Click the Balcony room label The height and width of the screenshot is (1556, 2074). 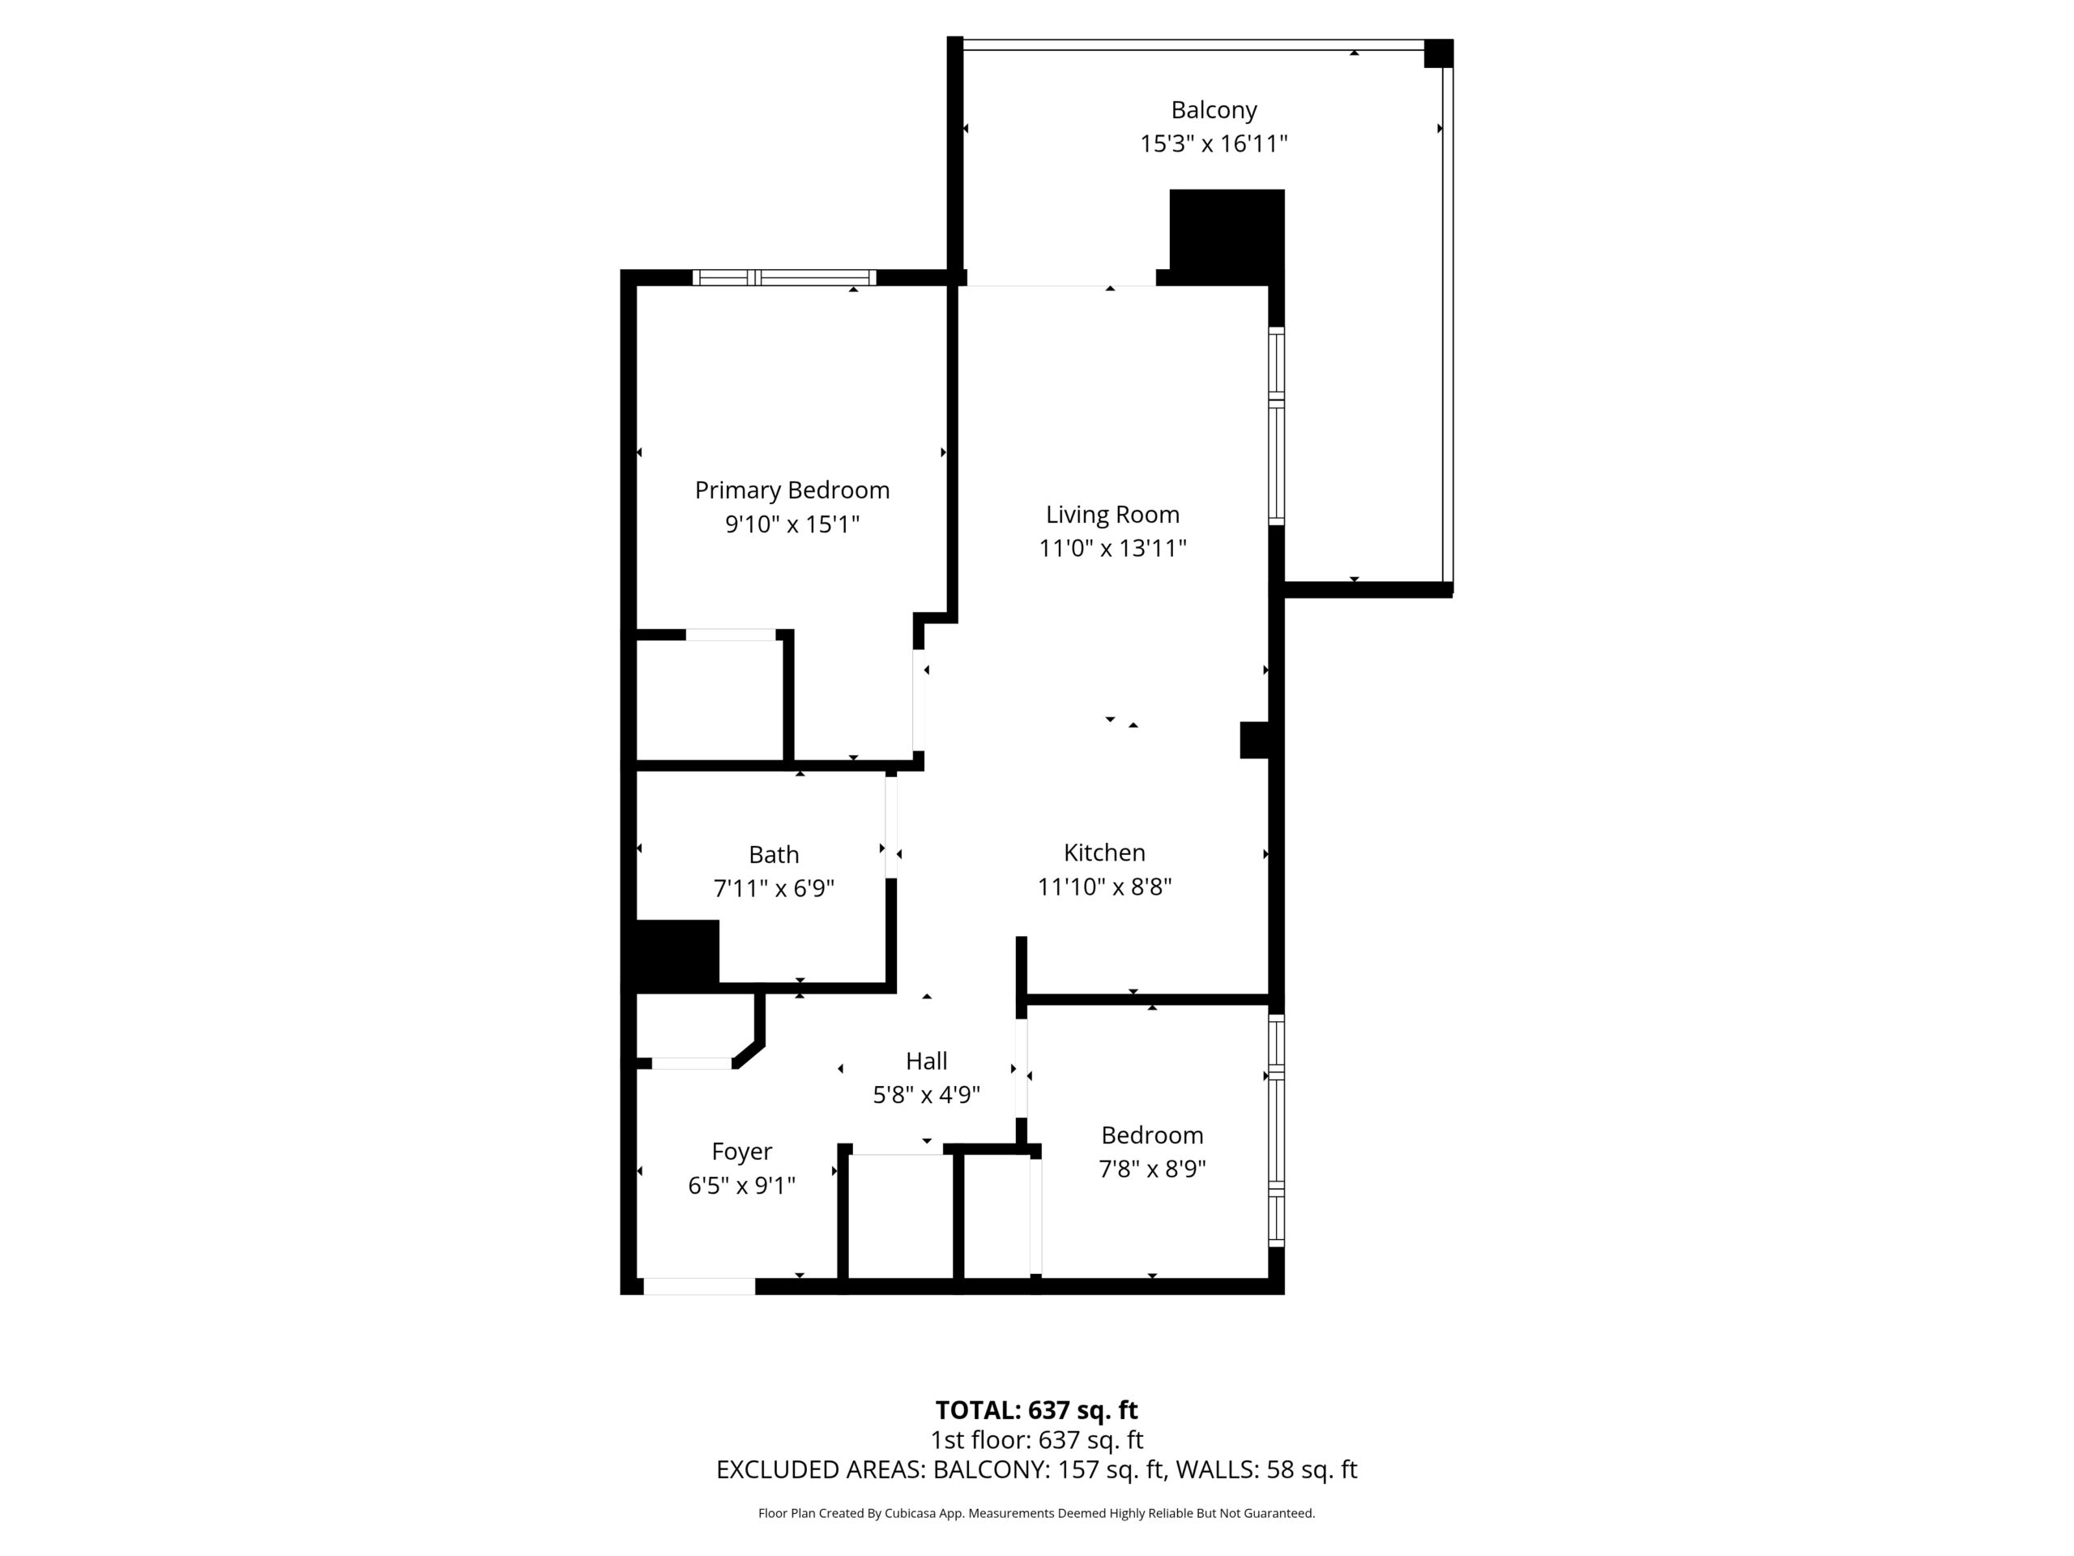1214,111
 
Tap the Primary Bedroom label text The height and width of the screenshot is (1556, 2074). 792,490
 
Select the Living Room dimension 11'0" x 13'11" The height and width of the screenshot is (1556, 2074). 1113,548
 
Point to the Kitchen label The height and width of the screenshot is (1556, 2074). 1104,853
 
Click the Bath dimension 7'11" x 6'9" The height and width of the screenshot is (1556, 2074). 775,887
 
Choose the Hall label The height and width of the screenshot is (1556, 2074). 926,1061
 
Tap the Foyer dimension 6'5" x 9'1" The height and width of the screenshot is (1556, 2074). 741,1186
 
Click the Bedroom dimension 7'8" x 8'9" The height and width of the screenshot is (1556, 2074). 1152,1169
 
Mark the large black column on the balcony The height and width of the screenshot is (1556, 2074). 1227,237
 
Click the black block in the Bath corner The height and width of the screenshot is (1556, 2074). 678,952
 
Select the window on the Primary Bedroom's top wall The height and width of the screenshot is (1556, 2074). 785,278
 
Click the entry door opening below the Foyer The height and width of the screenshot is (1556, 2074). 699,1287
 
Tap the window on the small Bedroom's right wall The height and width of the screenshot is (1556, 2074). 1276,1131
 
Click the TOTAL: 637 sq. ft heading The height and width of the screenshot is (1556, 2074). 1037,1409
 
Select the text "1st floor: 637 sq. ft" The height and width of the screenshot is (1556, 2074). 1037,1439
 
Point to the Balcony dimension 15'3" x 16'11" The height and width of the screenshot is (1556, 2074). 1214,143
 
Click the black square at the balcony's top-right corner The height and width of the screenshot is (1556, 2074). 1438,53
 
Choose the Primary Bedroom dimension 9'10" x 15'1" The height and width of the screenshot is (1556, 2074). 792,524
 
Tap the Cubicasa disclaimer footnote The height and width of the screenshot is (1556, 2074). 1037,1513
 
